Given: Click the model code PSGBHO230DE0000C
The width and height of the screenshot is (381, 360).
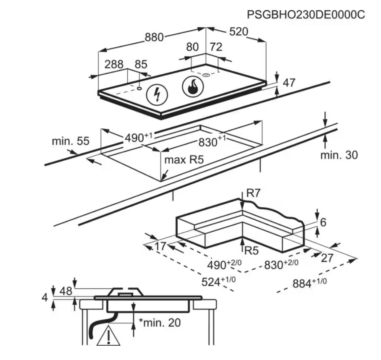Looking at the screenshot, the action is pos(306,14).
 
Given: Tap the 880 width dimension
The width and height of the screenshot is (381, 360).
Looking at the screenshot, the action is pos(154,37).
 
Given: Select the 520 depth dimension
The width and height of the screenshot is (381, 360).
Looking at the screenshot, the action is pos(239,31).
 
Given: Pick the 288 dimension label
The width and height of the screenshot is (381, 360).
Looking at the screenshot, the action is pos(114,64).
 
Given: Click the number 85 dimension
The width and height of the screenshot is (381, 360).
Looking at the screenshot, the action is pos(141,64).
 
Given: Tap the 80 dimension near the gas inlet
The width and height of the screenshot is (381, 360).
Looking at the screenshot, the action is pos(192,47).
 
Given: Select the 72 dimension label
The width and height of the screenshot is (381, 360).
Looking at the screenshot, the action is pos(216,47).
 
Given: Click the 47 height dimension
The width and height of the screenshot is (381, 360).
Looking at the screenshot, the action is pos(289,83).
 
